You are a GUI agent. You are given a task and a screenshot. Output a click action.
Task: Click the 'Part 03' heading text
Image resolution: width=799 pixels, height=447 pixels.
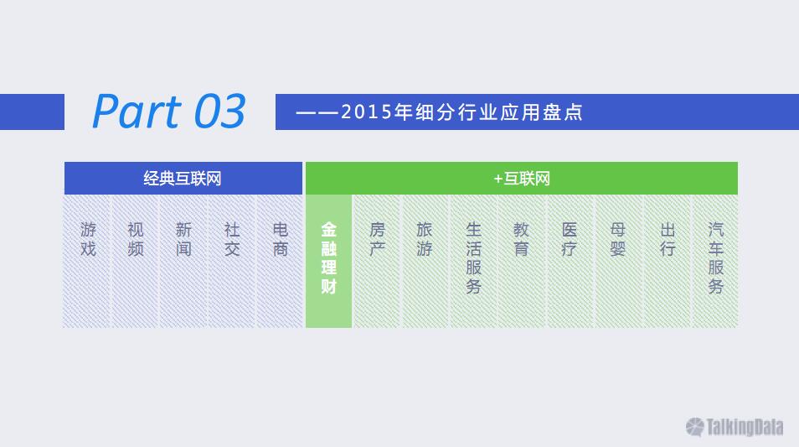coord(169,112)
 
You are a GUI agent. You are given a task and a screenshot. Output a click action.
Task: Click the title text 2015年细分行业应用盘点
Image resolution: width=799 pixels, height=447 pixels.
coord(461,112)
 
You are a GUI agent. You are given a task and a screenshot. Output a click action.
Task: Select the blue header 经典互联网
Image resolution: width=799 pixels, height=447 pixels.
coord(183,178)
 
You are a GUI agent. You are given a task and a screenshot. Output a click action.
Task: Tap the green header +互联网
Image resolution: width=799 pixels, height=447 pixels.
coord(522,178)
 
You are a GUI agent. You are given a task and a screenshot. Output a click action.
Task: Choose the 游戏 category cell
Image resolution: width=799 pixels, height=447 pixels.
coord(87,261)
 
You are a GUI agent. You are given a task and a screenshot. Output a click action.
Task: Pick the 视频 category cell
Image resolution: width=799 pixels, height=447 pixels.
coord(136,261)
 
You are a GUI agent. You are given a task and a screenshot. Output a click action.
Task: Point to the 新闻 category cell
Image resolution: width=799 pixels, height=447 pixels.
coord(183,261)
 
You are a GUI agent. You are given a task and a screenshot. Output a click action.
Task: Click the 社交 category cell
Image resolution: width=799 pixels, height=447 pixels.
coord(232,261)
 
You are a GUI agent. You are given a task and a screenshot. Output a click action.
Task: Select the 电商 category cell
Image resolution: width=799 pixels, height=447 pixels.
coord(280,261)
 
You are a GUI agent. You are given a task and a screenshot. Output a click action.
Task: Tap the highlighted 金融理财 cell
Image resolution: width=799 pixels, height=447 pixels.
coord(328,261)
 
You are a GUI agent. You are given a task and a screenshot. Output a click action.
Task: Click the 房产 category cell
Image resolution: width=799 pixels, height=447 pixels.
coord(377,261)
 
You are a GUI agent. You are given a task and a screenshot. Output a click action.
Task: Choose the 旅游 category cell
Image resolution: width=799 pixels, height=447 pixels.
coord(425,261)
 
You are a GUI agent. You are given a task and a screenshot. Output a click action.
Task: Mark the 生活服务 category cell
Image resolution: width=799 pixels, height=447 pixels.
coord(473,261)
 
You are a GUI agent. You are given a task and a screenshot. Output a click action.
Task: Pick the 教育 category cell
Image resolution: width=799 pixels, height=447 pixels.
coord(521,261)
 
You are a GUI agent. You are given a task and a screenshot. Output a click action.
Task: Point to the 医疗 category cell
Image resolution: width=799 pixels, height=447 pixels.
coord(570,261)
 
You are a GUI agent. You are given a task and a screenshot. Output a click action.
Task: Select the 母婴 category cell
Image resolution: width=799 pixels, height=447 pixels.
coord(618,261)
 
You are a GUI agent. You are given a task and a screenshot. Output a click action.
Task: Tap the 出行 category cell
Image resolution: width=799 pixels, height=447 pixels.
coord(667,261)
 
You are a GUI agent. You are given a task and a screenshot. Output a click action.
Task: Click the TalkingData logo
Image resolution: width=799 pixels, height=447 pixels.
coord(735,427)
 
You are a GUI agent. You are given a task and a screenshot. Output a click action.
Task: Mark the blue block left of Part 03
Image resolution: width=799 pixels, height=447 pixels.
coord(32,112)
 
